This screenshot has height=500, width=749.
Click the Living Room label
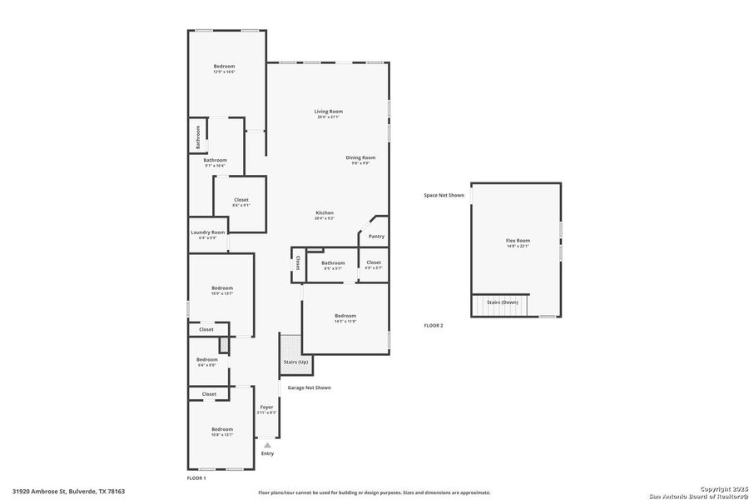click(x=328, y=112)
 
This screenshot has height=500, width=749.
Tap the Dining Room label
click(x=360, y=157)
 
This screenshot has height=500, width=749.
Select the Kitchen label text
click(x=324, y=212)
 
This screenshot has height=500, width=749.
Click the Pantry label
click(x=376, y=236)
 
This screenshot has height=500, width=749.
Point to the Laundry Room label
click(x=207, y=232)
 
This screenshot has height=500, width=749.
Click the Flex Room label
click(x=518, y=240)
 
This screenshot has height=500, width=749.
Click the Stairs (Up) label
click(x=295, y=362)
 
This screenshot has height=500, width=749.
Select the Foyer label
click(x=266, y=407)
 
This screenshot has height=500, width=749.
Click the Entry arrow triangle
click(x=267, y=445)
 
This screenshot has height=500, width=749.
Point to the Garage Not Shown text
click(x=309, y=387)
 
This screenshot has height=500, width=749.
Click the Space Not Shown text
click(x=444, y=195)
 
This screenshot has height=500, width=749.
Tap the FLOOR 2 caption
click(x=433, y=325)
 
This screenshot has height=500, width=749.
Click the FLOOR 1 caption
click(x=196, y=478)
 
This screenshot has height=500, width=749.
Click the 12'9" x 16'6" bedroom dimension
click(x=224, y=72)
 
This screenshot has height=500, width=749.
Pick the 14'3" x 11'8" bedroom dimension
click(x=345, y=321)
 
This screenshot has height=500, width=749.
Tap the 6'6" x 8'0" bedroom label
click(x=206, y=365)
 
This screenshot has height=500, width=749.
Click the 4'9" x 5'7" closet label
click(x=374, y=267)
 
